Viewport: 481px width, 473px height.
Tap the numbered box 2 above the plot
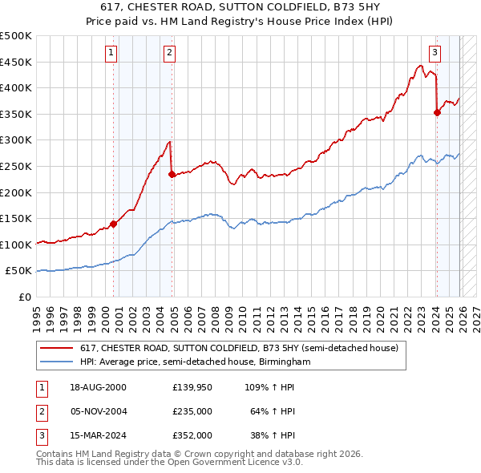point(170,54)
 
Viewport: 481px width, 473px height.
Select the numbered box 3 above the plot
point(434,54)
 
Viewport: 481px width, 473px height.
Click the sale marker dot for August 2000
point(114,224)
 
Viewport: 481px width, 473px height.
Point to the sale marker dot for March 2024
point(437,113)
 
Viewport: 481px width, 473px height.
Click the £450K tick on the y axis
point(16,62)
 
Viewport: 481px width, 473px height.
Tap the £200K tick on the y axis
point(16,192)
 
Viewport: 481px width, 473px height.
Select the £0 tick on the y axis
point(25,297)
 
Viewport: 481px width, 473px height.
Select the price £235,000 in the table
point(192,411)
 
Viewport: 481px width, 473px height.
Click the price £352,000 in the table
point(192,436)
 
